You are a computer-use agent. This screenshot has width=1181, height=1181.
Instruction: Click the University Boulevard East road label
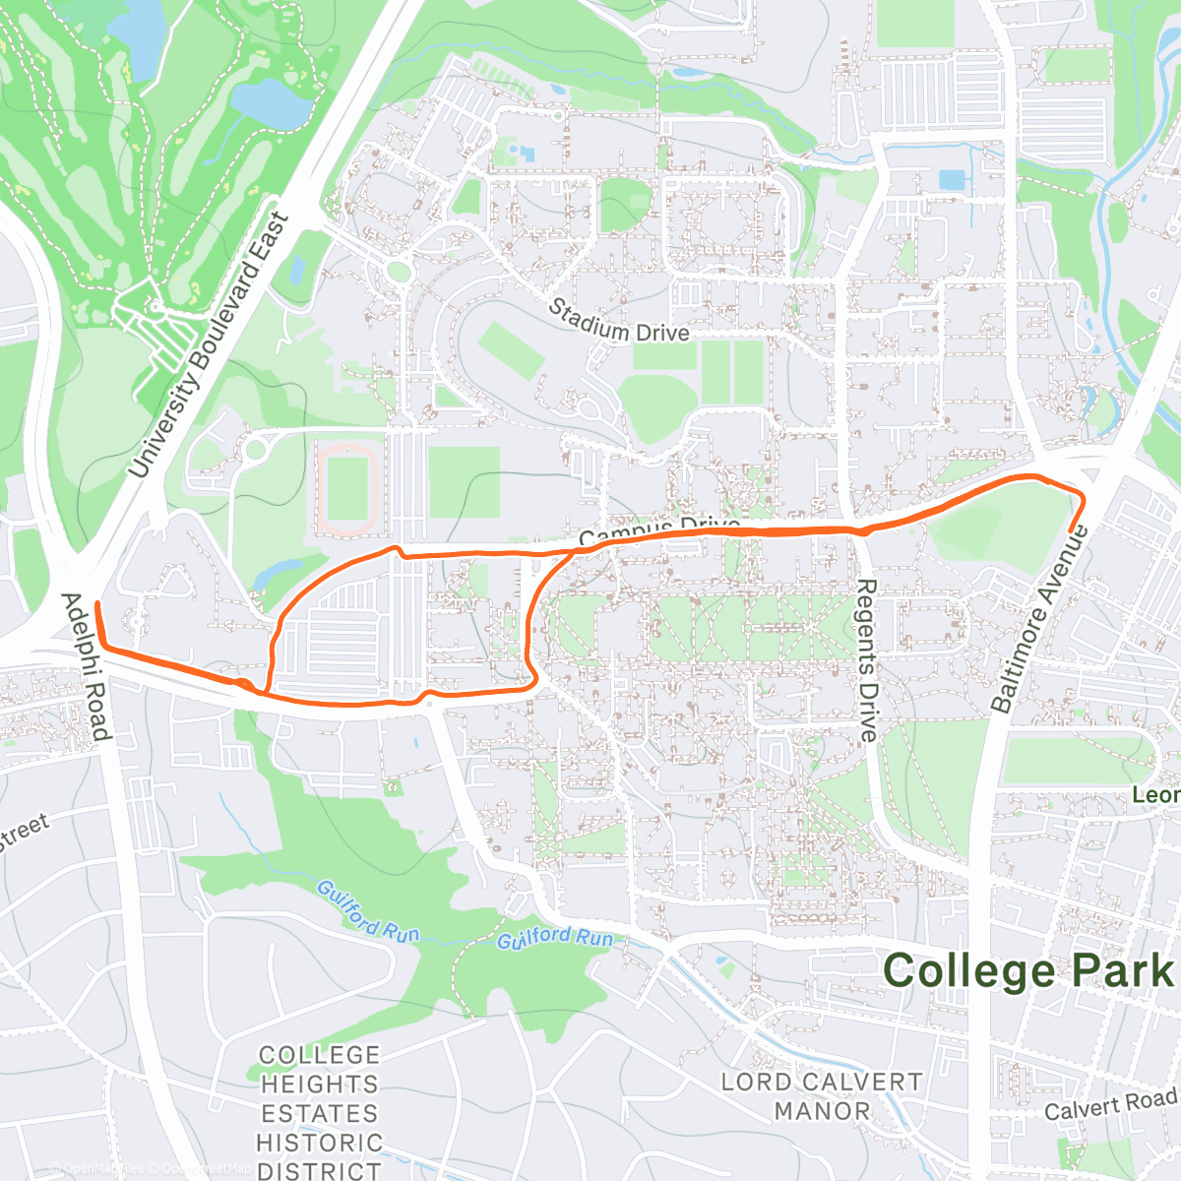tap(209, 344)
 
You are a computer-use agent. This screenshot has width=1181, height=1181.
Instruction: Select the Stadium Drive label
tap(619, 321)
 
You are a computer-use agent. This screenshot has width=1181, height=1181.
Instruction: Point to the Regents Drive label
tap(865, 659)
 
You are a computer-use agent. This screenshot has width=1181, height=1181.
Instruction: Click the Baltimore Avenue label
tap(1039, 620)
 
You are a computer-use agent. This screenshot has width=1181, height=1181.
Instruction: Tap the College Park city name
tap(1028, 970)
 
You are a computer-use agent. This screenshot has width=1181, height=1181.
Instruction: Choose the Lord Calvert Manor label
tap(822, 1096)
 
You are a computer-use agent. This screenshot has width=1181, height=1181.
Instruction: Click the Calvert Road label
tap(1110, 1104)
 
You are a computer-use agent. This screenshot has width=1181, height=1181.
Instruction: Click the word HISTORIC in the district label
tap(320, 1143)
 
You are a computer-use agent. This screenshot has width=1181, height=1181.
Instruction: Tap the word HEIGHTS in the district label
tap(320, 1084)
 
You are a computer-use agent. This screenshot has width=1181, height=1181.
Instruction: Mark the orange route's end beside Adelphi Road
tap(96, 602)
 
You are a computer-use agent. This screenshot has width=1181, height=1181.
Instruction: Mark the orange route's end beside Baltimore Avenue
tap(1070, 531)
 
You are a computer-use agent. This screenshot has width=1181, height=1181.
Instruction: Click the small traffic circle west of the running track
tap(255, 451)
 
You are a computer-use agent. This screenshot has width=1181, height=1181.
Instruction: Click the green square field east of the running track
tap(464, 481)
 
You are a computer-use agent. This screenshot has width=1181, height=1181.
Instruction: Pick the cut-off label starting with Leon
tap(1155, 795)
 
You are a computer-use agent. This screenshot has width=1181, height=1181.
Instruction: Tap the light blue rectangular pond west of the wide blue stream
tap(953, 180)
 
